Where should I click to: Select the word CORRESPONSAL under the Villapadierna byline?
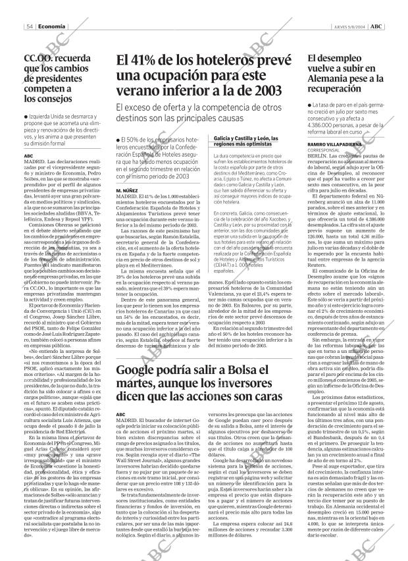point(324,150)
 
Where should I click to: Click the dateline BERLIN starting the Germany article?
point(317,156)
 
